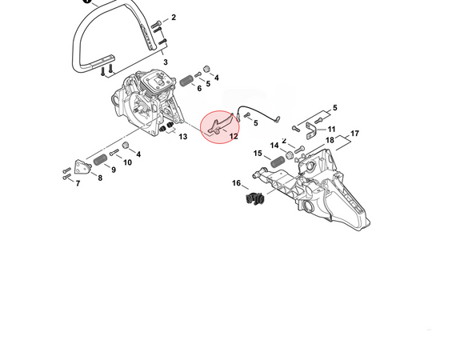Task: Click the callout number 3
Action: [166, 62]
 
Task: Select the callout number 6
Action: [199, 88]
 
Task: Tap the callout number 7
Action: [78, 184]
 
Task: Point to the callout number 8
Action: [100, 178]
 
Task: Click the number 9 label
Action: [114, 170]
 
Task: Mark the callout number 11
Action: [331, 129]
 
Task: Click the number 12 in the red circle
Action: [234, 136]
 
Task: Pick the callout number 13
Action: [183, 137]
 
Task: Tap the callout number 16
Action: [237, 183]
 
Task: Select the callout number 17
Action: [354, 133]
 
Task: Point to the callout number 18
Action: [330, 141]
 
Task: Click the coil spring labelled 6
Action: [186, 80]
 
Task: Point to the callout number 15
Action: [258, 153]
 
